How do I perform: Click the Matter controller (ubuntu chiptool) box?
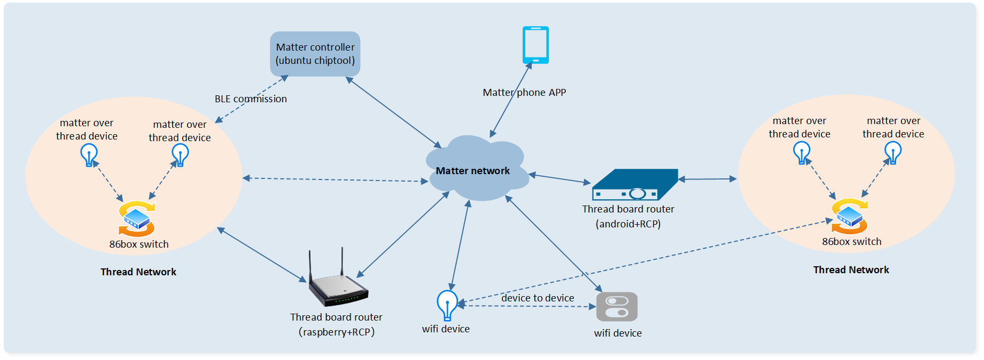tap(315, 54)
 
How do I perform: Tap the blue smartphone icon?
tap(535, 45)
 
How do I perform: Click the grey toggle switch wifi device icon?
tap(616, 307)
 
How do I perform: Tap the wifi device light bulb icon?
tap(447, 305)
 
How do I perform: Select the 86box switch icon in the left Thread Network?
tap(137, 218)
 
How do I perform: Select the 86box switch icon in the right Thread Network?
tap(850, 216)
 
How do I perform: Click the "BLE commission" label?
tap(250, 99)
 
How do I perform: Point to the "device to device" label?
tap(538, 298)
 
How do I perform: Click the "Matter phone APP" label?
tap(524, 93)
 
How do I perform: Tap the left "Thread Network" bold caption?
tap(139, 272)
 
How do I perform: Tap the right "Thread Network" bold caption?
tap(851, 270)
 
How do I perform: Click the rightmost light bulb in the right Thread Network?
tap(893, 153)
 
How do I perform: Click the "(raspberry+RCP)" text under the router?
tap(336, 332)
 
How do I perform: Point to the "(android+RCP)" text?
tap(628, 224)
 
